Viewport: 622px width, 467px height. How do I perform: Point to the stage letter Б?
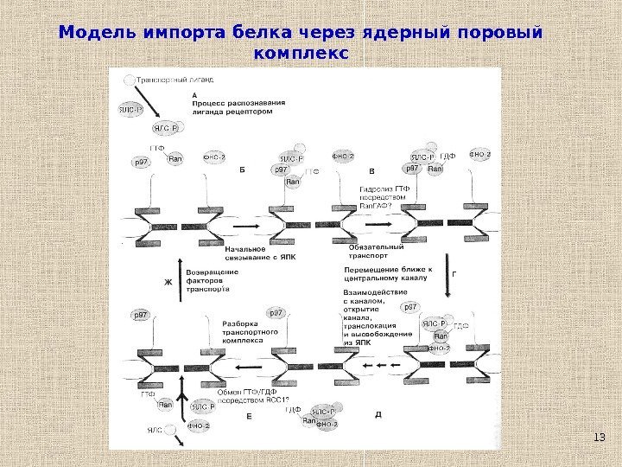(x=243, y=171)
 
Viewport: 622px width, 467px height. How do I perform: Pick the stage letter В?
(x=372, y=171)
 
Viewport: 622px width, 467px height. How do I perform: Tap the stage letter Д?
(x=378, y=414)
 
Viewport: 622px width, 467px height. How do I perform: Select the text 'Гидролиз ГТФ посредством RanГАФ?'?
(x=376, y=198)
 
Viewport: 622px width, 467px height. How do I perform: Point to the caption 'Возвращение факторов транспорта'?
(x=213, y=281)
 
